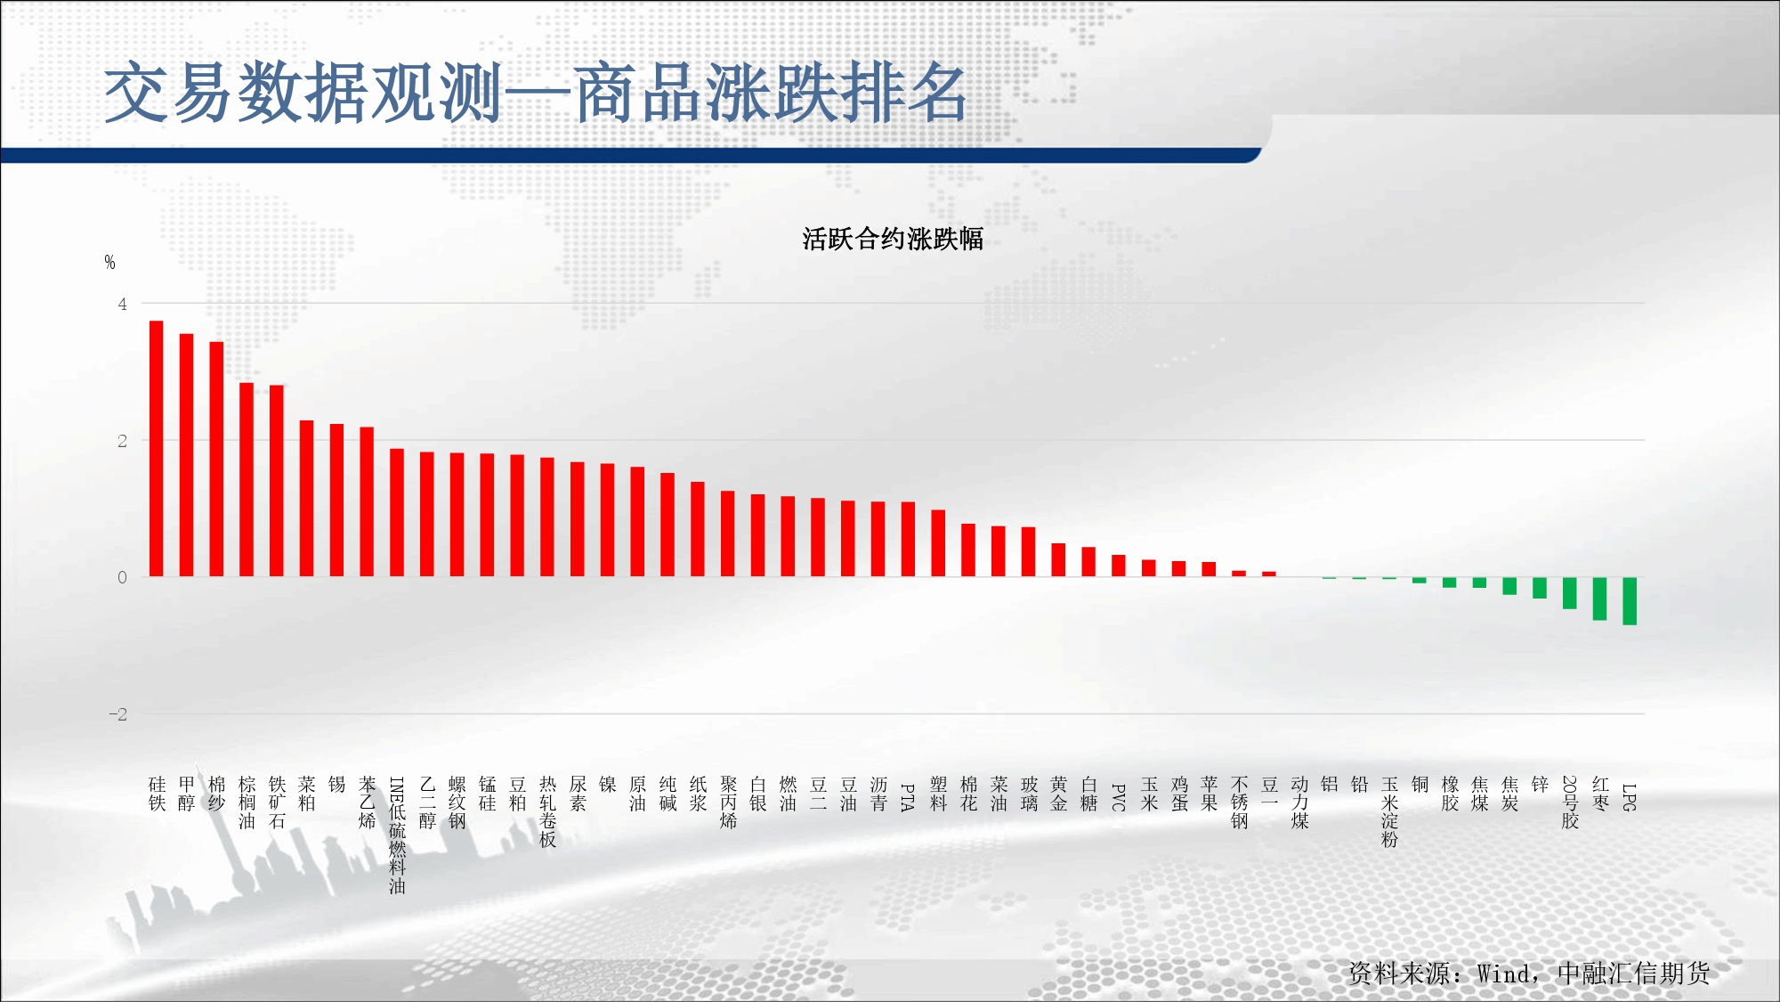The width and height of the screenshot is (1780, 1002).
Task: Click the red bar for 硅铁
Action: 156,449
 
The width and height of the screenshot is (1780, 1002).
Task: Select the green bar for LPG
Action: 1630,601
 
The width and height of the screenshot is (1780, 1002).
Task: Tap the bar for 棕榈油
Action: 247,480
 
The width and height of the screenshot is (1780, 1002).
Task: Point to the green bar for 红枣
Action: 1599,599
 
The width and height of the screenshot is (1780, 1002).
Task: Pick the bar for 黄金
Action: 1058,560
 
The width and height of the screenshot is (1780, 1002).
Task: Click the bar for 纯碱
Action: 667,525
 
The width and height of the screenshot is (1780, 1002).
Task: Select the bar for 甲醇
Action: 186,455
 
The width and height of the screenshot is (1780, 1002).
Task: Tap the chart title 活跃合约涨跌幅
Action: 893,239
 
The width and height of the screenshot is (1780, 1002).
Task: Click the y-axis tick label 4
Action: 123,304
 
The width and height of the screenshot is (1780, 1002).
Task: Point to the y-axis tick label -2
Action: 118,714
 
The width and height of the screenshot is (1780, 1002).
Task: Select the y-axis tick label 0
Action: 123,577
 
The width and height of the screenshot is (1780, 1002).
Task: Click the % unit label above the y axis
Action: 109,262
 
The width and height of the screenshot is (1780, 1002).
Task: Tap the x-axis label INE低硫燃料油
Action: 397,835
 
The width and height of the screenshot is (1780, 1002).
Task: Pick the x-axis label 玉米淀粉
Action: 1389,811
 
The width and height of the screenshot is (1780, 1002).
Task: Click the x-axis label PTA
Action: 908,797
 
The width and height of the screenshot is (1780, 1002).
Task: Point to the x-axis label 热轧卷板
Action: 547,811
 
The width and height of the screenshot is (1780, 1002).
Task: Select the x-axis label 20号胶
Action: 1570,802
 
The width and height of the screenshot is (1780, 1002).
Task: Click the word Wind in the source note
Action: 1504,973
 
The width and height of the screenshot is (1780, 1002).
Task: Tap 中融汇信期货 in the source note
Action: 1634,973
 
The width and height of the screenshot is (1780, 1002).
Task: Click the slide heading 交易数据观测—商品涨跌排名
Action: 536,93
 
